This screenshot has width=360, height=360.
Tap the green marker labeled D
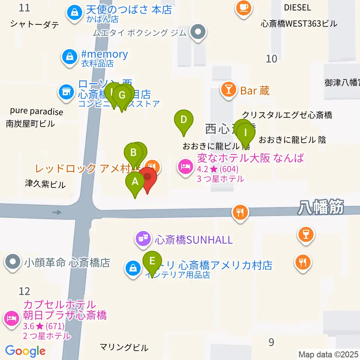click(184, 120)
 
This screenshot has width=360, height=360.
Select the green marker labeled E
click(152, 261)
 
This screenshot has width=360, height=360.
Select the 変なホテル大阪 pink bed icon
click(185, 166)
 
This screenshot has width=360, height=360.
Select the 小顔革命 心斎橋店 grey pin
click(13, 261)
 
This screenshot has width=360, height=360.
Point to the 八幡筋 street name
click(321, 207)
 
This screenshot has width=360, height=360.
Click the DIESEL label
click(297, 7)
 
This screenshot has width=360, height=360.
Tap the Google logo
click(25, 351)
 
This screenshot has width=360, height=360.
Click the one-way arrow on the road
click(57, 213)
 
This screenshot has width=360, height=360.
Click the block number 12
click(24, 291)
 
